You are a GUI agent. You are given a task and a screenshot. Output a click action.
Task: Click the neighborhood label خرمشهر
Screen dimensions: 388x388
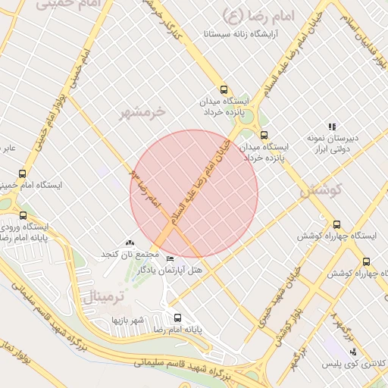[142, 113]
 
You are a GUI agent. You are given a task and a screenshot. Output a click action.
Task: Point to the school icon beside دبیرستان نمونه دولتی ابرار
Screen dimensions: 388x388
[331, 127]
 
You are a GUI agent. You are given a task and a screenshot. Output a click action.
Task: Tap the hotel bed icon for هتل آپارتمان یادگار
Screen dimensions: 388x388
[169, 259]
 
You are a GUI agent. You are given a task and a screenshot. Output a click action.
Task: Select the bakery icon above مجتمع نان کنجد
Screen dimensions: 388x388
[130, 242]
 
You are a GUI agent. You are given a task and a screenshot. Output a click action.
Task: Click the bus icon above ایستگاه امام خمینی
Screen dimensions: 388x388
[21, 174]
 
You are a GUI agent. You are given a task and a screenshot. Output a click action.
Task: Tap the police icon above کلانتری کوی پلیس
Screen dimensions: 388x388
[353, 351]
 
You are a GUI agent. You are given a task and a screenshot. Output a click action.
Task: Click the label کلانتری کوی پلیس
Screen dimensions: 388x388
[358, 364]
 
